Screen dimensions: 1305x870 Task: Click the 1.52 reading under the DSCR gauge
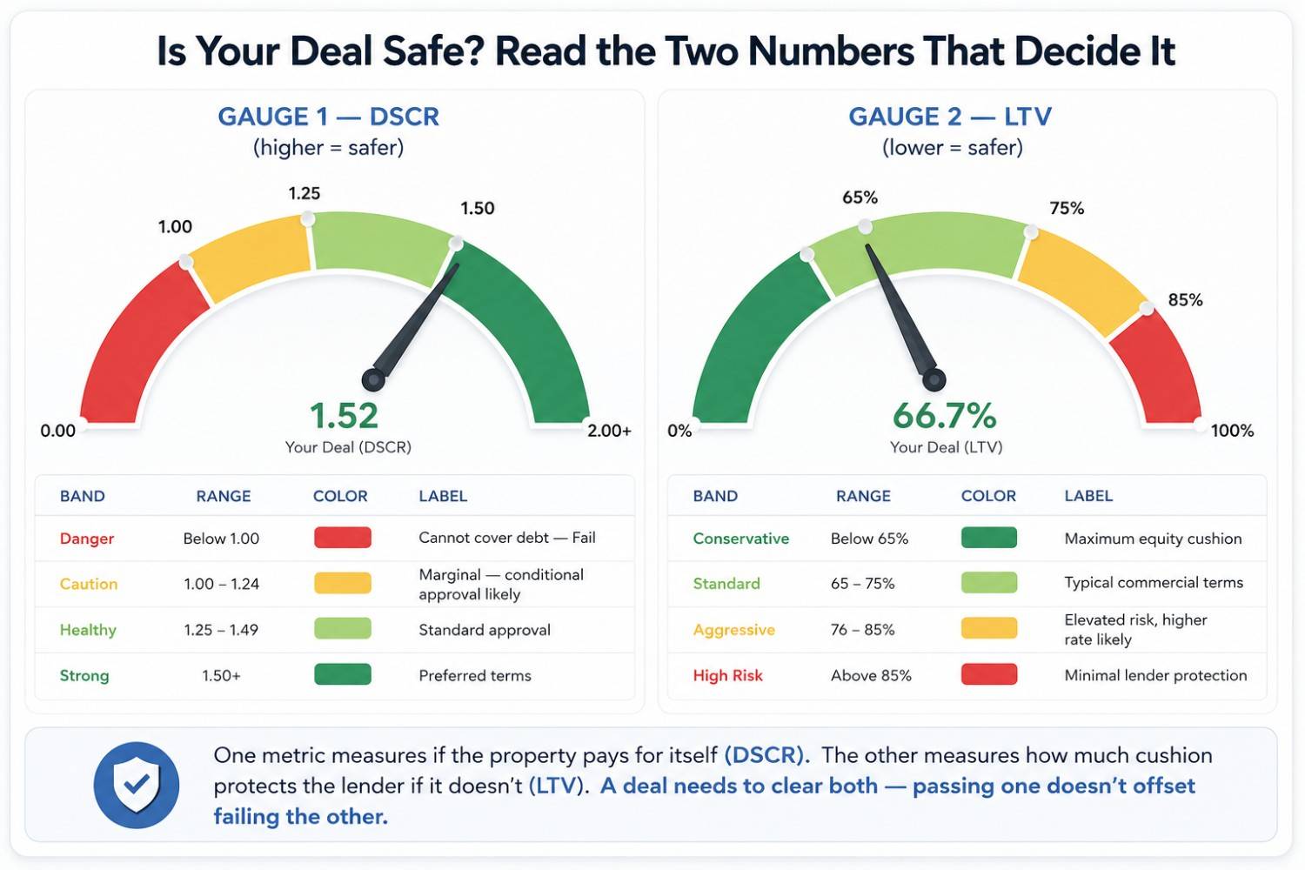coord(344,416)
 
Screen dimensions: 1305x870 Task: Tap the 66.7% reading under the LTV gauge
coord(944,416)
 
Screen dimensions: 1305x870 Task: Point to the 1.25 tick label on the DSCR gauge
coord(304,193)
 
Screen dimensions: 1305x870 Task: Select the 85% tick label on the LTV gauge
coord(1185,300)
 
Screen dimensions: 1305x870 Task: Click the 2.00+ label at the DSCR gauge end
coord(609,431)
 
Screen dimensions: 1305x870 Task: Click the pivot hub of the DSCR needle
coord(373,380)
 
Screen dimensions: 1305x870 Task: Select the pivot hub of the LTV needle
coord(934,380)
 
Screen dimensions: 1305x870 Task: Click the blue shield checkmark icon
coord(137,785)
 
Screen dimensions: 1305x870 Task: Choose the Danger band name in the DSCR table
coord(87,539)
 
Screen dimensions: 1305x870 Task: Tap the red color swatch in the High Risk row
coord(988,674)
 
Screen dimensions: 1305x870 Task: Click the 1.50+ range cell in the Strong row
coord(221,675)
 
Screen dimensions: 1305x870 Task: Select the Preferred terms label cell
coord(475,675)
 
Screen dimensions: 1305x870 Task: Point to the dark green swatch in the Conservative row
coord(988,538)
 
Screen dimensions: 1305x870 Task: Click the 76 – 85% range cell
coord(862,629)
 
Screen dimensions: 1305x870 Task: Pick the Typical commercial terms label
coord(1154,583)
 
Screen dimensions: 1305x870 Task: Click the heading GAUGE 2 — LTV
coord(950,117)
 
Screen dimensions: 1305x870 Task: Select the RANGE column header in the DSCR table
coord(223,496)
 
